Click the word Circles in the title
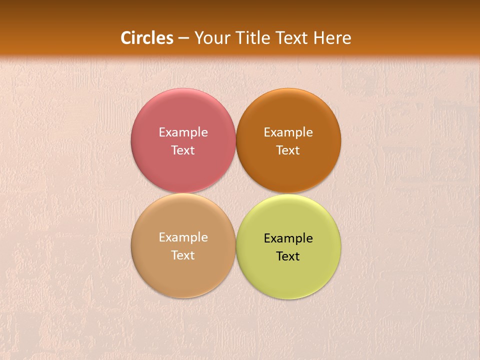pos(147,38)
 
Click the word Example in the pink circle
pos(183,132)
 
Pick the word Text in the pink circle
pos(183,150)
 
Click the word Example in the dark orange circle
pos(288,132)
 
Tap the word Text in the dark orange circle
pos(288,150)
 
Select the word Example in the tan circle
pos(183,237)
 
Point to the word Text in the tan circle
pos(183,255)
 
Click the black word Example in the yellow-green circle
pos(288,238)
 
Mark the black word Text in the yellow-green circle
pos(288,256)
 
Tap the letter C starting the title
pos(126,38)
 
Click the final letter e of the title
pos(347,39)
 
